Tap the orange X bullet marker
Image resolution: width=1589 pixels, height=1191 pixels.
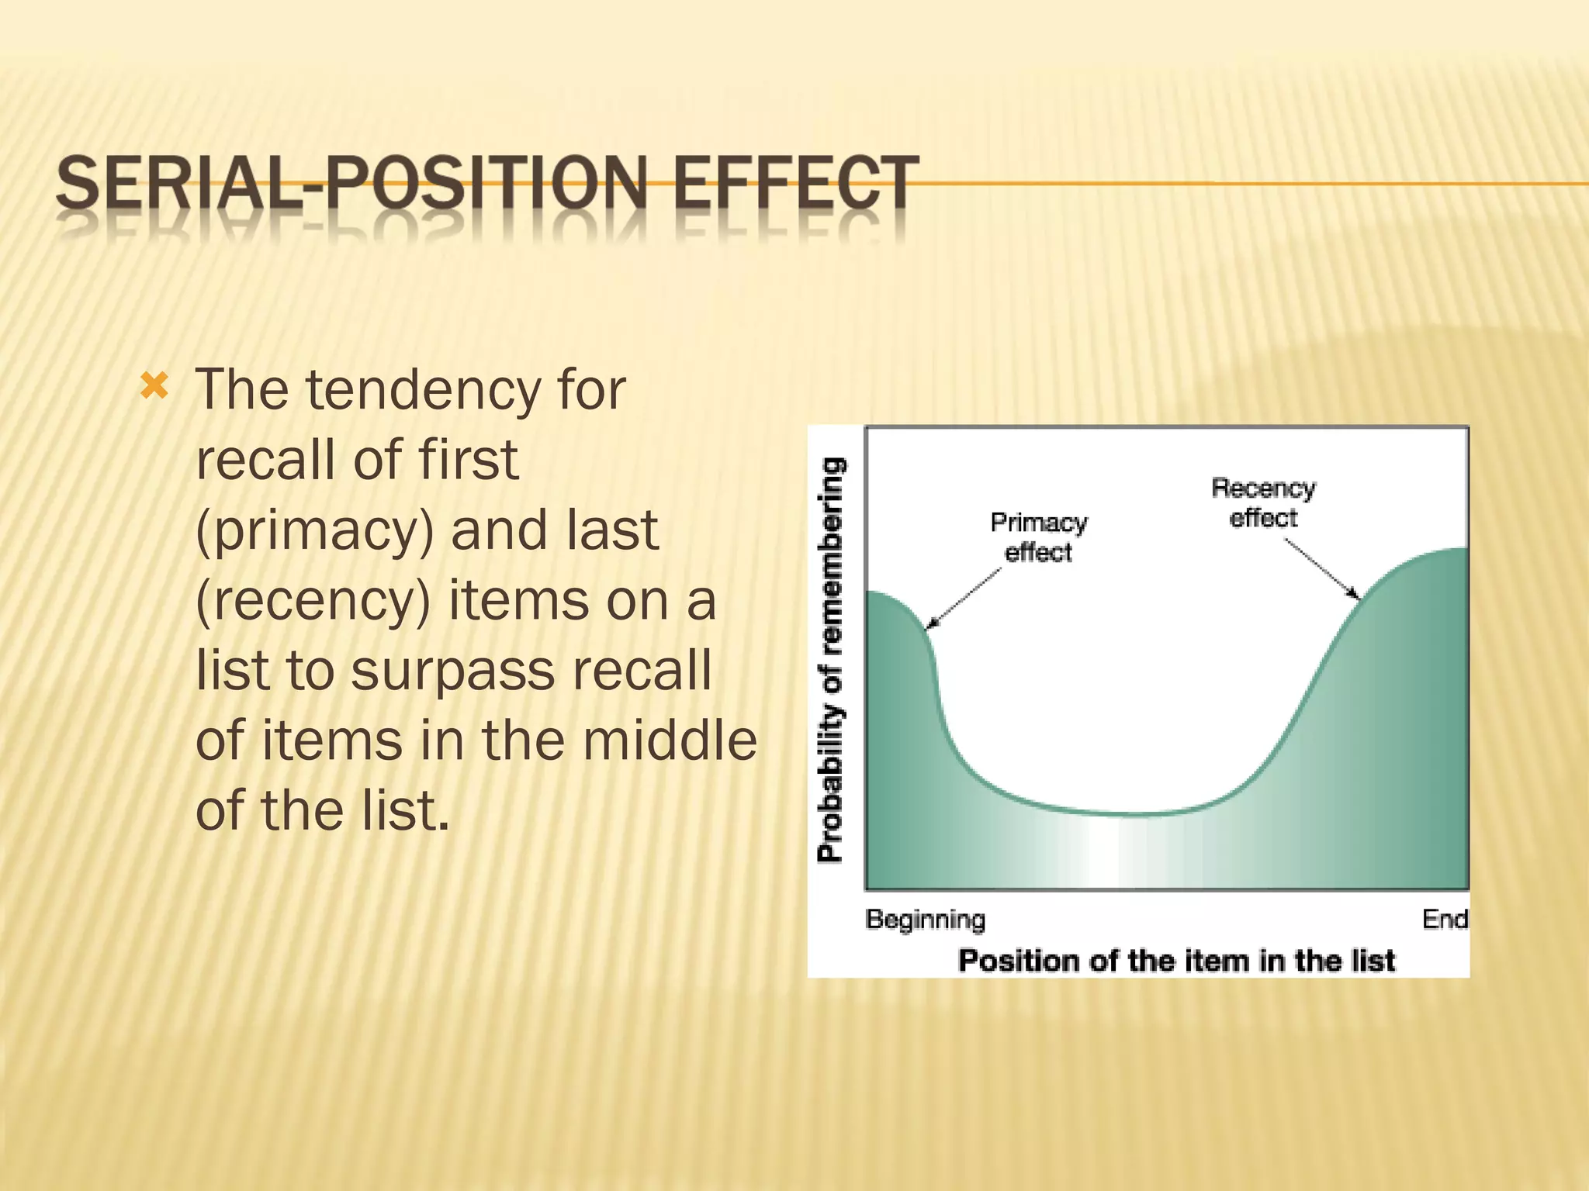point(154,385)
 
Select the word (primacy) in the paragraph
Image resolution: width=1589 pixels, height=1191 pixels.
point(314,531)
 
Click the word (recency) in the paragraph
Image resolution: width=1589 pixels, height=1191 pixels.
point(313,601)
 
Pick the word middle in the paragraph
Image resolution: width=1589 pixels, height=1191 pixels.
point(670,740)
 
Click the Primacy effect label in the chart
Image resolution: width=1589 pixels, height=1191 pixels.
point(1038,537)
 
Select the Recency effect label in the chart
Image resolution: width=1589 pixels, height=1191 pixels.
point(1263,502)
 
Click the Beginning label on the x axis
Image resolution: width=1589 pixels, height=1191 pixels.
point(925,920)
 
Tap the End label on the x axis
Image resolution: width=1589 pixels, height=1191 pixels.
point(1445,920)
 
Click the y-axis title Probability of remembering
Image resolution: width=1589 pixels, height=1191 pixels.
point(830,659)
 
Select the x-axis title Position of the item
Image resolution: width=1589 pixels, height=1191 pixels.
point(1176,961)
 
